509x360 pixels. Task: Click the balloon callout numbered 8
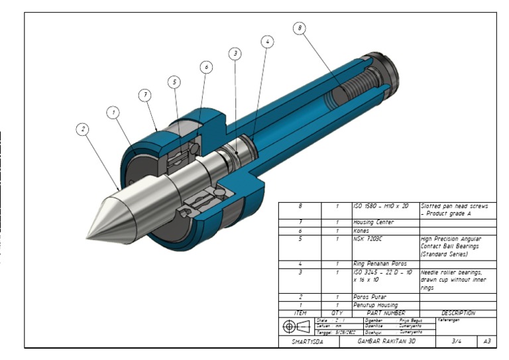point(300,29)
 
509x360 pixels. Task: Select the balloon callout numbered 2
point(83,130)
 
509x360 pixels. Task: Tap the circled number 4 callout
point(267,41)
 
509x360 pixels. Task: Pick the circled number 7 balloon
point(145,95)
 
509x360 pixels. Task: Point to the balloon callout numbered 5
point(174,82)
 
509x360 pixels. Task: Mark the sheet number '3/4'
point(457,342)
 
